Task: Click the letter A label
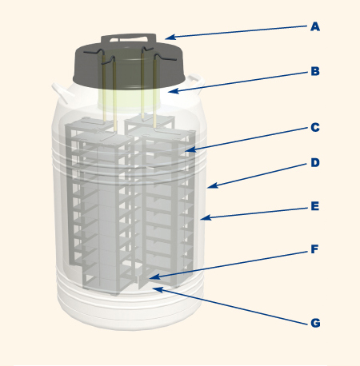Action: pos(315,26)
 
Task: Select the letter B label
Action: pos(315,71)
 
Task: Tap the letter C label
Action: pos(315,127)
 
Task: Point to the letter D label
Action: pos(315,162)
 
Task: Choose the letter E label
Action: pos(315,206)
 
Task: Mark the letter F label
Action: pos(315,249)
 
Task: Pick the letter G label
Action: pos(315,323)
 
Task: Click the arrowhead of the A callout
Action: pos(170,38)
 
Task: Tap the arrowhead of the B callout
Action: pos(174,91)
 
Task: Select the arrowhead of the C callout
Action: pos(191,150)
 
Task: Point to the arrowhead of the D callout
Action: pos(213,185)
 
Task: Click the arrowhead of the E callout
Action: pos(206,218)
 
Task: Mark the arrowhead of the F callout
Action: pos(154,277)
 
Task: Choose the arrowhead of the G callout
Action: pos(158,289)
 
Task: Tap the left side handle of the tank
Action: pos(61,92)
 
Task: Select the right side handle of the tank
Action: pos(197,82)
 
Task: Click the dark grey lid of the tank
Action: pos(129,66)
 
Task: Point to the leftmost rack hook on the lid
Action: pos(94,51)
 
